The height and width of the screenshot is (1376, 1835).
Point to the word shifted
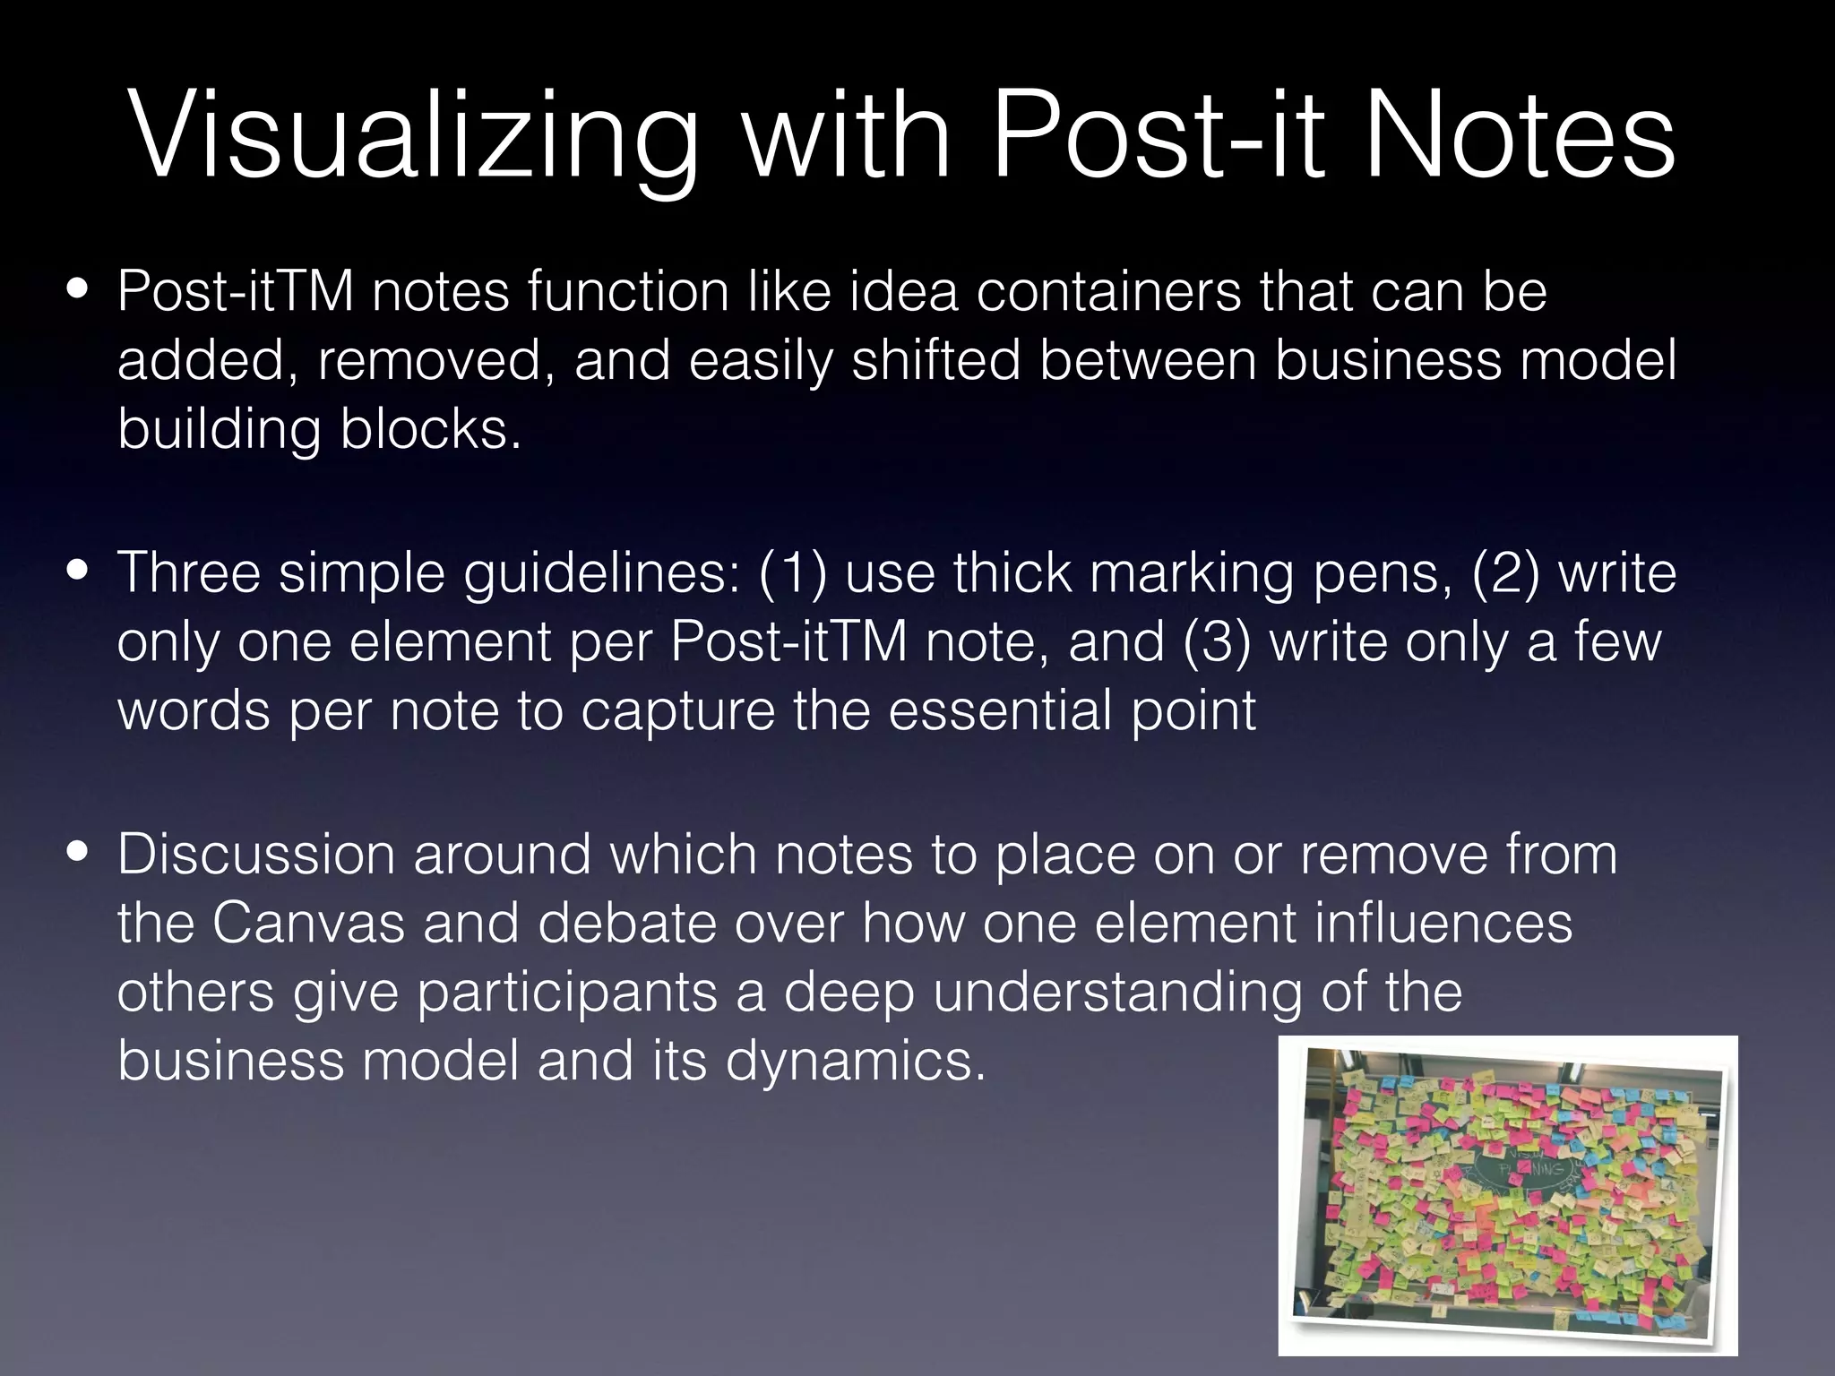click(935, 360)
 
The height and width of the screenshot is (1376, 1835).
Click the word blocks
click(429, 429)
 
